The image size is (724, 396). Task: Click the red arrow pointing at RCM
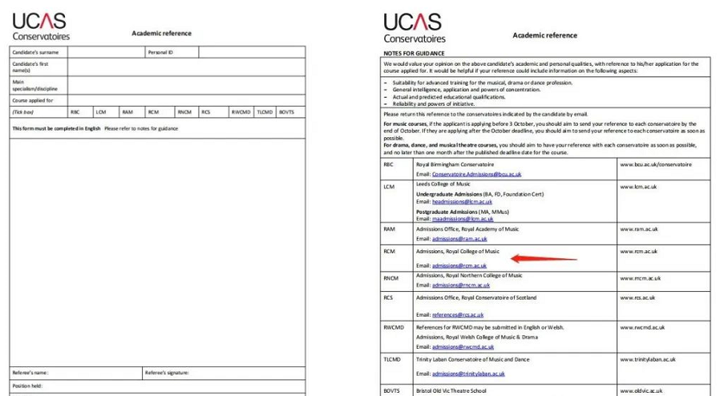[544, 258]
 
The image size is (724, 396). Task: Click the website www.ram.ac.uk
[637, 229]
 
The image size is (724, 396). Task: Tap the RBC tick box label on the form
[75, 112]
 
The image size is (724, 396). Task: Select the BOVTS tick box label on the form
[287, 112]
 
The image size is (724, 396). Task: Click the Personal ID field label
[160, 52]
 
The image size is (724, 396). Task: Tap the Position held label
[26, 386]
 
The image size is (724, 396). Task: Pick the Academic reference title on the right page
[544, 35]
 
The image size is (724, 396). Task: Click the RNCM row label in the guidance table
[390, 277]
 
